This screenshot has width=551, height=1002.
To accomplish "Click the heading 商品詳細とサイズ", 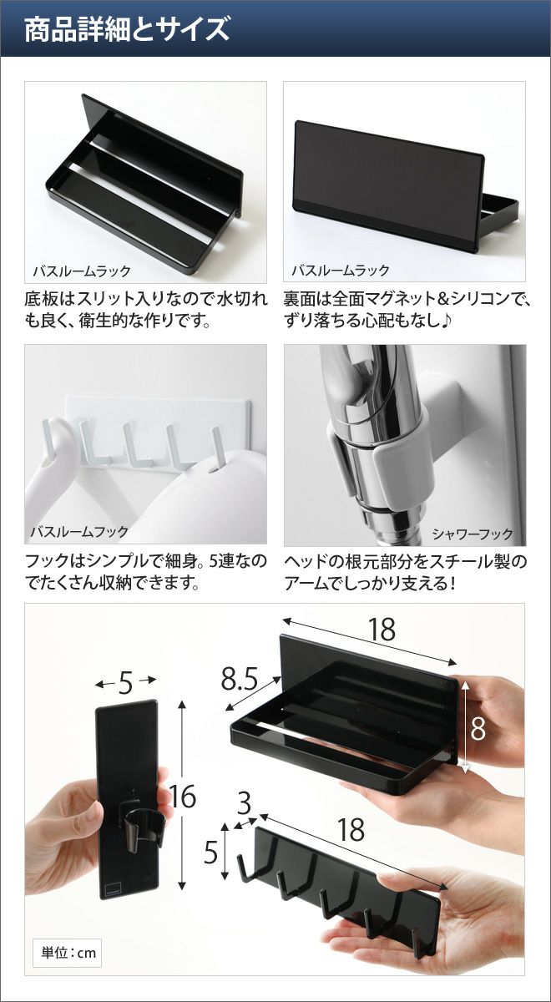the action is coord(127,29).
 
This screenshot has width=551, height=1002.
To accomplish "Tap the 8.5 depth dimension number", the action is coord(240,679).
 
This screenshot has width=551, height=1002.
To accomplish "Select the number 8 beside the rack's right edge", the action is coord(478,728).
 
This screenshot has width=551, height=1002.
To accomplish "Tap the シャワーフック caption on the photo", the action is coord(473,534).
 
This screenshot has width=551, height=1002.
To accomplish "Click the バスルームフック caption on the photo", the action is coord(79,531).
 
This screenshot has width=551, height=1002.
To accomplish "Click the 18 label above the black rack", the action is coord(382,629).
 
